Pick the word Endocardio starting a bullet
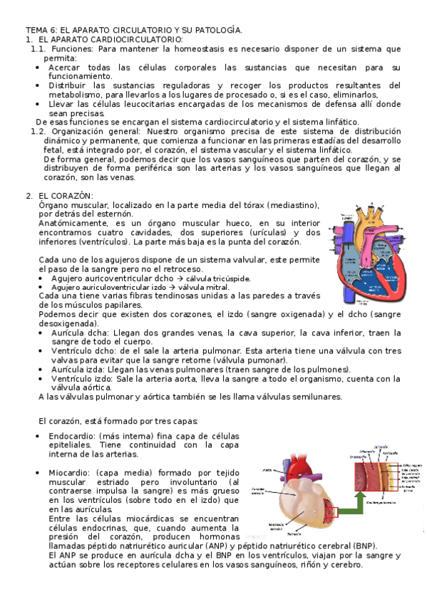[x=69, y=436]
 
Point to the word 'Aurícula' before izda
[x=68, y=370]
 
